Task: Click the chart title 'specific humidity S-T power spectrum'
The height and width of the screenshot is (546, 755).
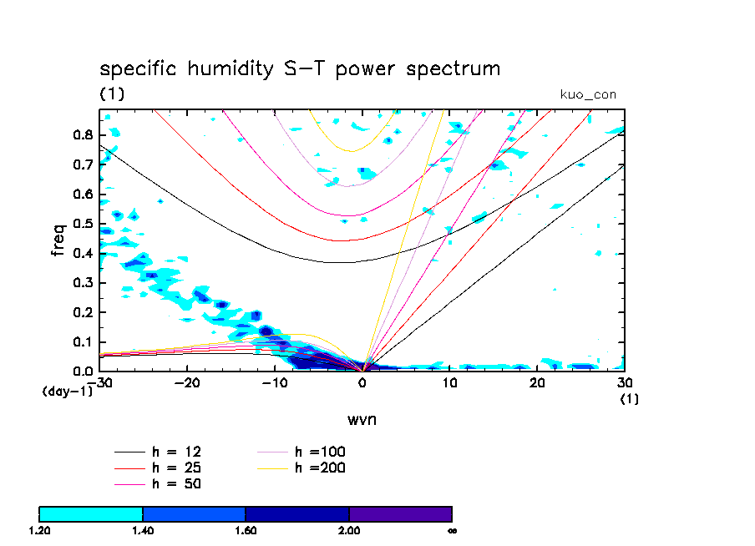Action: (300, 68)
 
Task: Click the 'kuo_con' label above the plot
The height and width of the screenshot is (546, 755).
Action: (588, 94)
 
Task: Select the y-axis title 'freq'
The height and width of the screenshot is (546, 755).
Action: (58, 240)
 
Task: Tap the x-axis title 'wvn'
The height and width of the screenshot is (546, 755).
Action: (362, 419)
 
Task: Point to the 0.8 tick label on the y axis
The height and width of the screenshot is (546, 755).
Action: (82, 135)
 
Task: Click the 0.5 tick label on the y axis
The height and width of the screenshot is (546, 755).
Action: (82, 224)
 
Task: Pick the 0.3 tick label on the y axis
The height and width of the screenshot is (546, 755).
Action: (82, 283)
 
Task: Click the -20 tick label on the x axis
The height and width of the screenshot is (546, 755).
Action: (187, 382)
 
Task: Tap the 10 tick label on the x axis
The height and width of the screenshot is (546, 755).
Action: (450, 382)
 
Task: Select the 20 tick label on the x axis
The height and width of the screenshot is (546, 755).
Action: (538, 382)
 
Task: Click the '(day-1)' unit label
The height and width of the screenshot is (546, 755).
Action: (68, 391)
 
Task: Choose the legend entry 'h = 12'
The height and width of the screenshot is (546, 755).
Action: (175, 452)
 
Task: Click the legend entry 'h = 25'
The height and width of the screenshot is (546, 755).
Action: (175, 468)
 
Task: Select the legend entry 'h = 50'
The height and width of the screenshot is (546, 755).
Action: (175, 483)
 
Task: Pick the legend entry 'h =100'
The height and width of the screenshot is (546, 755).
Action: (320, 452)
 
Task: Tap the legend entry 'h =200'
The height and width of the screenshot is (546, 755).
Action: (320, 468)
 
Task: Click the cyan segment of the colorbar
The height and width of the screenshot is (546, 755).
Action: (91, 513)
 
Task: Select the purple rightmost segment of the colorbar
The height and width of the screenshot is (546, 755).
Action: (400, 513)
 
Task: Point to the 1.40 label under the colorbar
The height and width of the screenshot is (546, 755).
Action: (143, 530)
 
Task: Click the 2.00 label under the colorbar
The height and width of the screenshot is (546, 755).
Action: (349, 530)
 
